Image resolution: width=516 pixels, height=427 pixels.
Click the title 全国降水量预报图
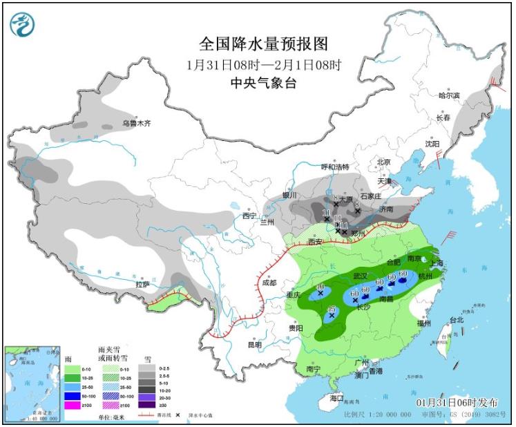[x=263, y=44]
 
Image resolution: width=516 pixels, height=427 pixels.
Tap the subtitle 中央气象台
[x=263, y=82]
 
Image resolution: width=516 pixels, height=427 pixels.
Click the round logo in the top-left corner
[x=22, y=24]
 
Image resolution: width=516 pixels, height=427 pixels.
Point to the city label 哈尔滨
[x=449, y=95]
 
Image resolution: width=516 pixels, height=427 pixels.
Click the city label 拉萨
[x=142, y=284]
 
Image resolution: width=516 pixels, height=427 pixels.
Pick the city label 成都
[x=269, y=283]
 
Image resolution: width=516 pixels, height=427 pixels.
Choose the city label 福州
[x=425, y=323]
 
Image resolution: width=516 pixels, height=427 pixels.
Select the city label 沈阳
[x=432, y=144]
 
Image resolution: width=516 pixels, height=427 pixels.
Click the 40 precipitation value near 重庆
[x=320, y=287]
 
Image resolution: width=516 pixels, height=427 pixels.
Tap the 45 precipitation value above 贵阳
[x=332, y=309]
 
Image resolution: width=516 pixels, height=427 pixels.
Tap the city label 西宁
[x=249, y=216]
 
